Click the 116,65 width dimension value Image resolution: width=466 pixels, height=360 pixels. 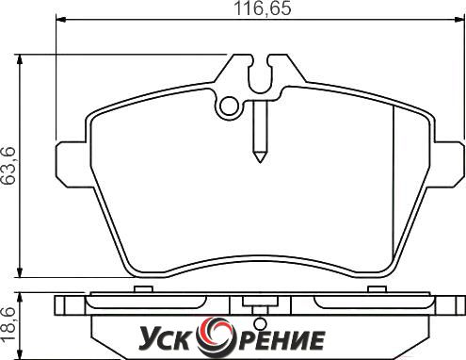pos(263,8)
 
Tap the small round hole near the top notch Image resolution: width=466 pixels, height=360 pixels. pos(229,106)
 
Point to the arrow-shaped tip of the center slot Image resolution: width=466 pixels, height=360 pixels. pos(260,157)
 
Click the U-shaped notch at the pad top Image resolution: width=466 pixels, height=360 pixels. pos(260,75)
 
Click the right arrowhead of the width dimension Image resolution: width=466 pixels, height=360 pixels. pos(458,20)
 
